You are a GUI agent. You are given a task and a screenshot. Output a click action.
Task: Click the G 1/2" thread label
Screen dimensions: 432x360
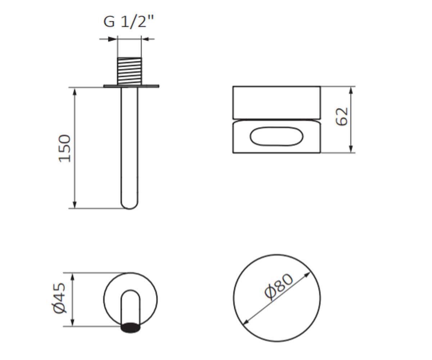pyautogui.click(x=129, y=22)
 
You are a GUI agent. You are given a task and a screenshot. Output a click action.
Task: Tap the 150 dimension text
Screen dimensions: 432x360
pyautogui.click(x=65, y=148)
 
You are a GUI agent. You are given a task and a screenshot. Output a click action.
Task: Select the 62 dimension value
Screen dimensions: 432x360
pyautogui.click(x=342, y=117)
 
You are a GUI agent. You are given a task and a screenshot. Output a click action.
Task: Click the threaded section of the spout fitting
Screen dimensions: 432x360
pyautogui.click(x=130, y=71)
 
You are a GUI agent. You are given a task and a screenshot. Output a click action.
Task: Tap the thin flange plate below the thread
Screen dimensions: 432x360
pyautogui.click(x=131, y=86)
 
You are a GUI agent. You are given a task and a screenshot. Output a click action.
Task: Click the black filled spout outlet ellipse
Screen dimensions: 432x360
pyautogui.click(x=130, y=328)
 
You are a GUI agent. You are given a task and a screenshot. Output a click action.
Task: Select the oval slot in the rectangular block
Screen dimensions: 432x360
pyautogui.click(x=276, y=136)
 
